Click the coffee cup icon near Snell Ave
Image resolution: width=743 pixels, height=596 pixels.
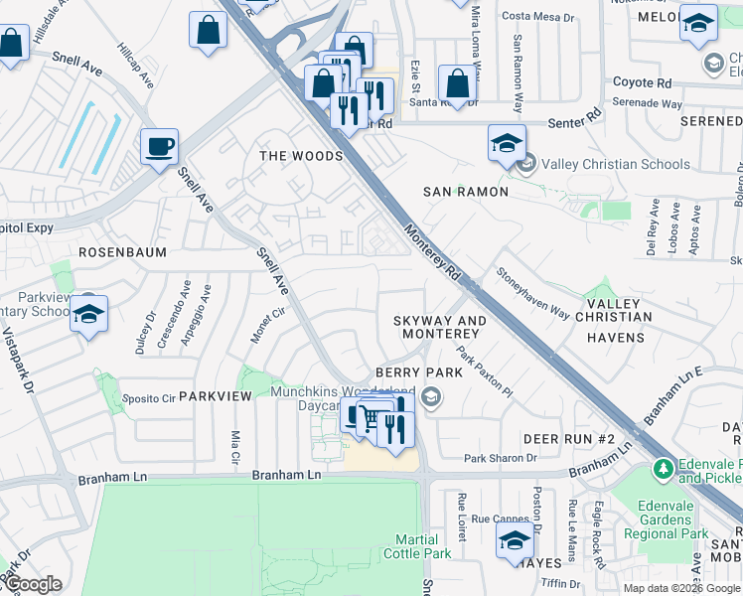159,148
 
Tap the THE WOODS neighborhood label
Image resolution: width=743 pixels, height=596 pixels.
301,156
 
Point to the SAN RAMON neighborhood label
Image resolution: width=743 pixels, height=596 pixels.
466,191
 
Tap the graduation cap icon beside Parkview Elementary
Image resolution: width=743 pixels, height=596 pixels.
88,314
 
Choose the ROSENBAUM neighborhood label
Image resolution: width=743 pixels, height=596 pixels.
122,252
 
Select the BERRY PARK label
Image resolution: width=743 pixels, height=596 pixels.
427,372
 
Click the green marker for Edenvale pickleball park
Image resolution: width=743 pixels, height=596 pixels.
663,467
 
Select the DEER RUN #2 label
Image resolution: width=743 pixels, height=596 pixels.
570,438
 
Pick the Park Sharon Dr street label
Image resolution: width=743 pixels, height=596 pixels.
501,458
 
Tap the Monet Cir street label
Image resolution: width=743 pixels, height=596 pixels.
261,327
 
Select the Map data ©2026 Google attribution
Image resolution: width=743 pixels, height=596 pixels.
681,587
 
